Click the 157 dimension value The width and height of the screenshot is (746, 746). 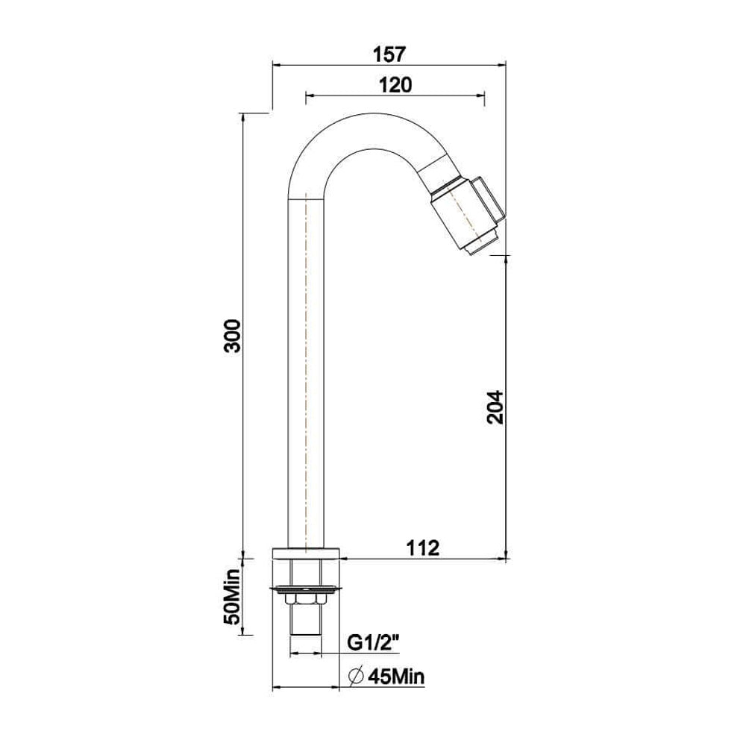(389, 54)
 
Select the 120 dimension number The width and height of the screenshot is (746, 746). (395, 85)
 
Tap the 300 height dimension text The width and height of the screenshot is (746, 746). (233, 336)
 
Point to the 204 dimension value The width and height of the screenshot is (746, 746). (495, 407)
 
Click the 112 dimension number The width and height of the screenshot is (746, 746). (422, 548)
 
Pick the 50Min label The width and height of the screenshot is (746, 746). (233, 596)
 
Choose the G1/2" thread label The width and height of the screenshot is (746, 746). (373, 644)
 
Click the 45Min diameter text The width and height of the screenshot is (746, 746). (396, 676)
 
